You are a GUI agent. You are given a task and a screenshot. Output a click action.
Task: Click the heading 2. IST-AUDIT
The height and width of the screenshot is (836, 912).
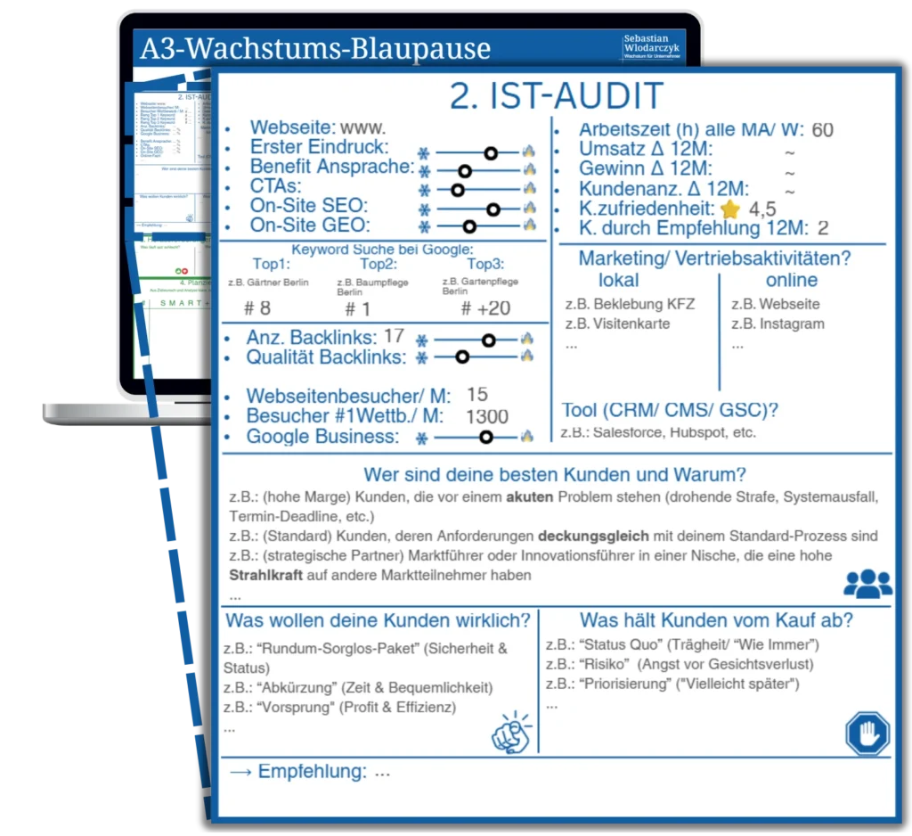click(x=556, y=96)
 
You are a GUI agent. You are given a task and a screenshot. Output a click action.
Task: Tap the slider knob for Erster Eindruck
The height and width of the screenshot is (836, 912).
click(x=490, y=152)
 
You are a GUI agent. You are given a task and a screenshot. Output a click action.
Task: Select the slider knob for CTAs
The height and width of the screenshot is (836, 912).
click(x=458, y=189)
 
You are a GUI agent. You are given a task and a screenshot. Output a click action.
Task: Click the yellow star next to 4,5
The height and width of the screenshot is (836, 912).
click(x=730, y=209)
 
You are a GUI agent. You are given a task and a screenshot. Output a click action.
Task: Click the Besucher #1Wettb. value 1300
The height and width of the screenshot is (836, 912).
click(x=487, y=416)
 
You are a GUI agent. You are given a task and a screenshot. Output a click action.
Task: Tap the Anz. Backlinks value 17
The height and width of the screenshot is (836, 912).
click(x=394, y=337)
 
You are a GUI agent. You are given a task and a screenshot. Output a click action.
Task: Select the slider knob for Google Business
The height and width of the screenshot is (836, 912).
click(x=485, y=437)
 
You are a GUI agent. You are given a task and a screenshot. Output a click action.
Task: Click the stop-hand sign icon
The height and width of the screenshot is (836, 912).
click(x=867, y=735)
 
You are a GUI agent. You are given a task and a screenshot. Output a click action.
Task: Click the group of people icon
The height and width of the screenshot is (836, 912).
click(x=867, y=583)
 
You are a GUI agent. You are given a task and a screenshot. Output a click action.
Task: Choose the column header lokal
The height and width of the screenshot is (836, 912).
click(x=618, y=280)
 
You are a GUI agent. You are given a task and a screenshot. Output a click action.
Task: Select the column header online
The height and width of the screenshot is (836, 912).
click(x=791, y=280)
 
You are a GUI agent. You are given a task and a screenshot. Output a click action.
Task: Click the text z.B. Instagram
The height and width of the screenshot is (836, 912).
click(x=778, y=324)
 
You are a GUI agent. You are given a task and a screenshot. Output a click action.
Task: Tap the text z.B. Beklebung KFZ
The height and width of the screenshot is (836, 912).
click(x=630, y=304)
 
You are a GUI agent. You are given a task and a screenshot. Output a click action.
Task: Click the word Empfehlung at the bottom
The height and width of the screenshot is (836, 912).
click(x=312, y=772)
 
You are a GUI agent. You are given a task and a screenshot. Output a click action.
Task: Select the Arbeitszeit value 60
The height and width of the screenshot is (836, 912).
click(x=822, y=130)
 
